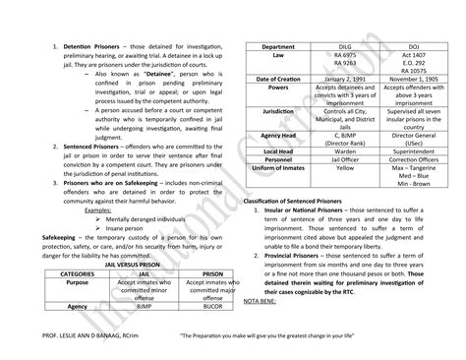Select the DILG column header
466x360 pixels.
(341, 46)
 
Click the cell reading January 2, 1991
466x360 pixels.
(341, 77)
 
